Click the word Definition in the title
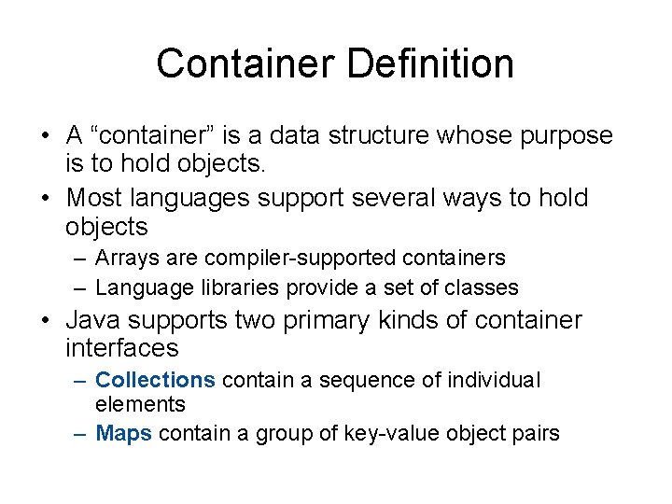pyautogui.click(x=430, y=64)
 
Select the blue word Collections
pyautogui.click(x=155, y=381)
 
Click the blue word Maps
pyautogui.click(x=123, y=434)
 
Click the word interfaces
pyautogui.click(x=121, y=349)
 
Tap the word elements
pyautogui.click(x=140, y=404)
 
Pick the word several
pyautogui.click(x=399, y=198)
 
